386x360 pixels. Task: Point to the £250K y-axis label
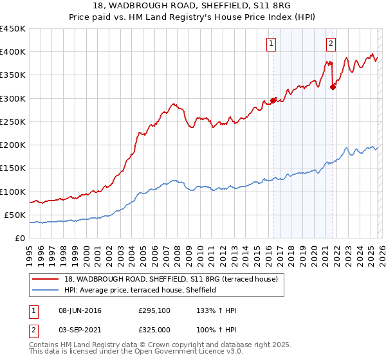tap(13, 122)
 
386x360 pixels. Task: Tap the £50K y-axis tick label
tap(15, 215)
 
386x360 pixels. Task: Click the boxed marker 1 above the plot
tap(270, 44)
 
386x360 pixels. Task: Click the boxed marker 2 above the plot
tap(331, 44)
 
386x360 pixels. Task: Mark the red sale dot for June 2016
tap(273, 100)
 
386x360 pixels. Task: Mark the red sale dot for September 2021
tap(333, 87)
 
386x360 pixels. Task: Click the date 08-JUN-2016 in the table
tap(80, 310)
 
